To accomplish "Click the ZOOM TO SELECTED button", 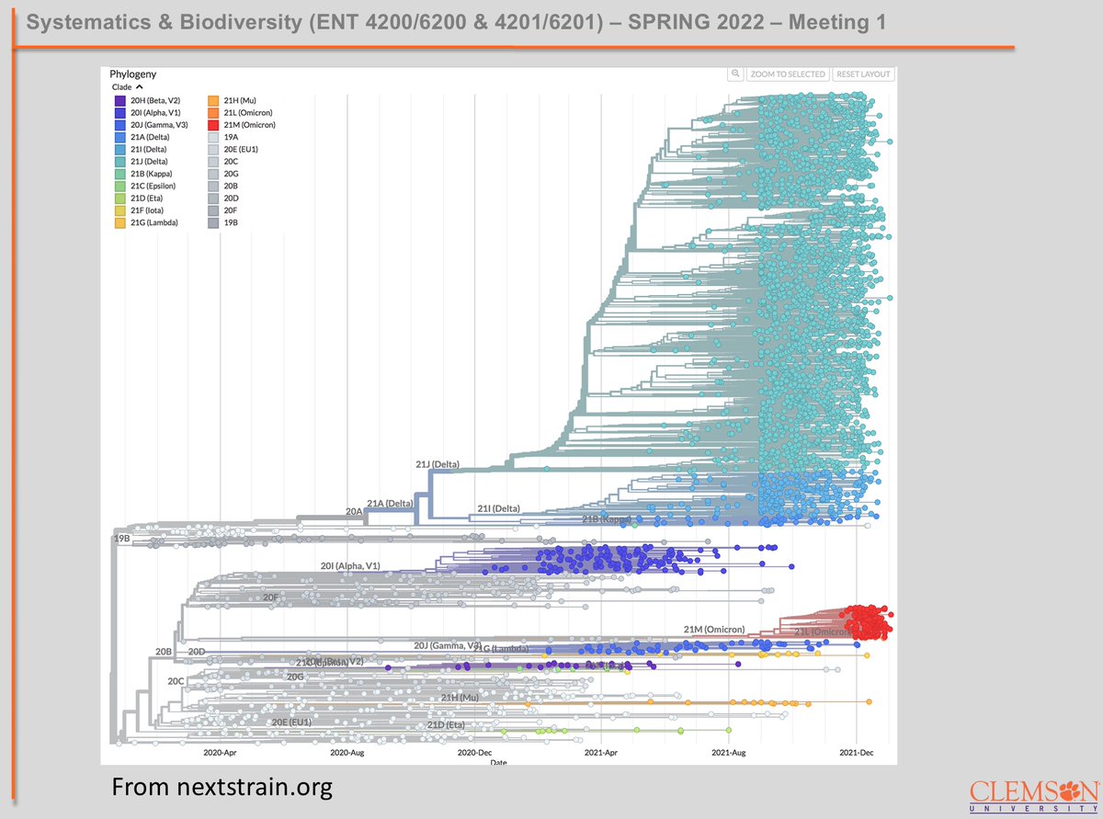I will (788, 74).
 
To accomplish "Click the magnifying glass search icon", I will (735, 74).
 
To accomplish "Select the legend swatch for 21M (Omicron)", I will (212, 124).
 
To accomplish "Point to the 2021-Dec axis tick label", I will (857, 752).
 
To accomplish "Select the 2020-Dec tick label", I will (474, 752).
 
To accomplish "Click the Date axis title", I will (497, 763).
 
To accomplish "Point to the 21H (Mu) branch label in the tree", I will (461, 699).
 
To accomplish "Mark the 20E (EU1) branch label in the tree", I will (291, 722).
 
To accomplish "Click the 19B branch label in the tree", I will (122, 538).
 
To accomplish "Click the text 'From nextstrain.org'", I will (222, 787).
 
